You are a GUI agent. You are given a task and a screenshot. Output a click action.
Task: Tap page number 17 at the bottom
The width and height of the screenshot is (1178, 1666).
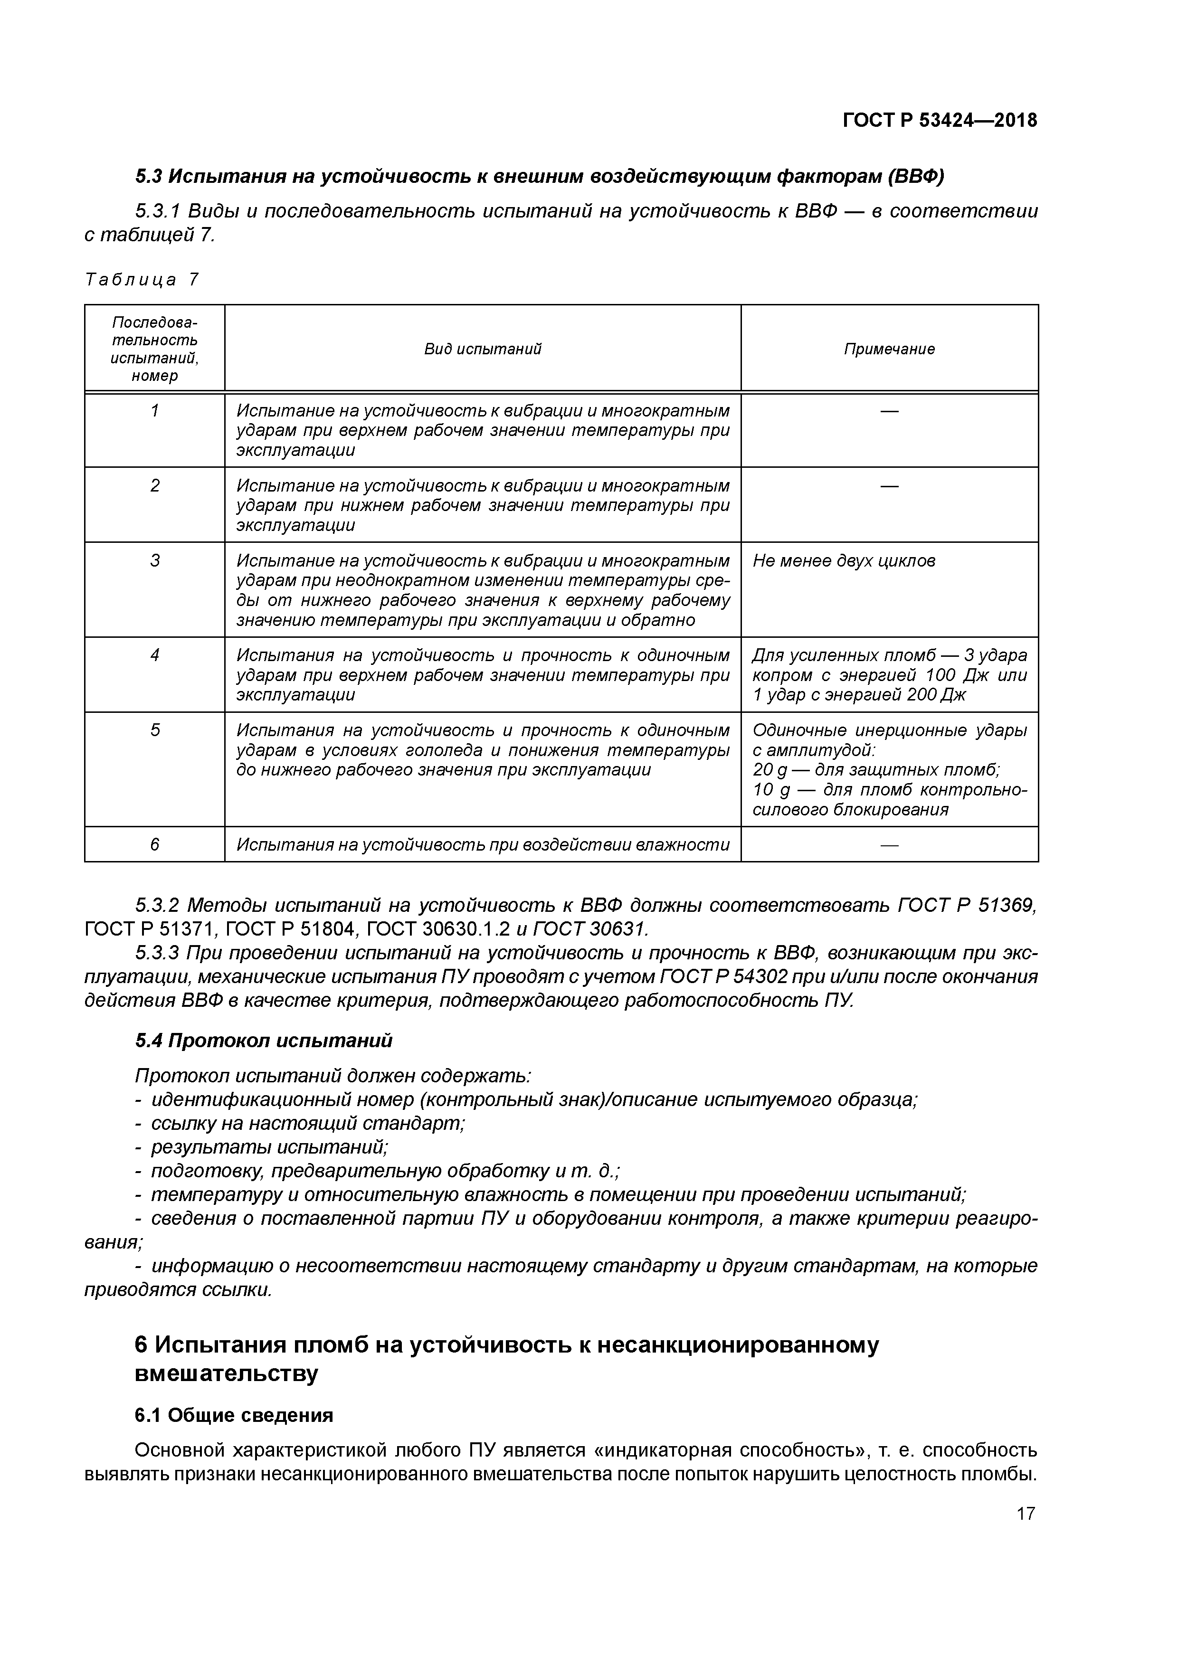point(1025,1513)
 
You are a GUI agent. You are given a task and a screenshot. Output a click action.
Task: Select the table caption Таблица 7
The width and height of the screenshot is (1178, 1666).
point(142,280)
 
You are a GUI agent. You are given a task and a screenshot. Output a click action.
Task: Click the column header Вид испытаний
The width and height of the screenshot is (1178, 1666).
point(483,349)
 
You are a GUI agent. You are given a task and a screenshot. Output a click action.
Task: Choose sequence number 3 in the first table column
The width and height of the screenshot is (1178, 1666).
point(154,560)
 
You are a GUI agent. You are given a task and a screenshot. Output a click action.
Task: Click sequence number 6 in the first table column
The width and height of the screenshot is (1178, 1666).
point(154,844)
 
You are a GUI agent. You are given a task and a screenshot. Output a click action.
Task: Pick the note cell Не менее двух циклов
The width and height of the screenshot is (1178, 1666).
point(844,560)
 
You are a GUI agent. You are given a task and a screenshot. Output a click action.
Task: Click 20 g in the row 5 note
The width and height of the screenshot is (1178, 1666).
point(770,770)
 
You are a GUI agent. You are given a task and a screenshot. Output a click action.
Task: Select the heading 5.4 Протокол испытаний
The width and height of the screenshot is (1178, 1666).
point(264,1041)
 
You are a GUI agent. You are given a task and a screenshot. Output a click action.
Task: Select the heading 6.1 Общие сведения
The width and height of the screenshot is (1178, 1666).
point(234,1415)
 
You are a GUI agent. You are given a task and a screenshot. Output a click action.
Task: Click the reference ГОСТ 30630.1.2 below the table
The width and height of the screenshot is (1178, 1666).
point(441,929)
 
